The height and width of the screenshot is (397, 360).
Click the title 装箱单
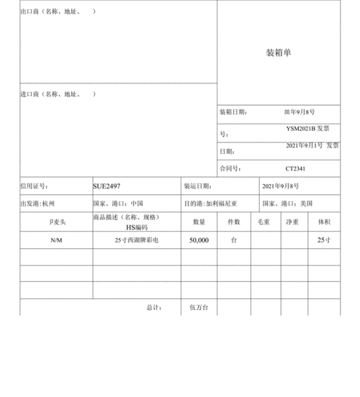[x=278, y=53]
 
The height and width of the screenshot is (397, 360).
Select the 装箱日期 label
[x=233, y=112]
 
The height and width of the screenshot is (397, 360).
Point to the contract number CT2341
[x=296, y=168]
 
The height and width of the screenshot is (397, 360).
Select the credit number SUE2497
[x=107, y=186]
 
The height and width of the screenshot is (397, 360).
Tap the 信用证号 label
[x=33, y=186]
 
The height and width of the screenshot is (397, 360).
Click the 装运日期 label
[x=198, y=186]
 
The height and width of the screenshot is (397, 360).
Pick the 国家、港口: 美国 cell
[x=287, y=204]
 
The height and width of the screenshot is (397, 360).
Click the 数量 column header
[x=199, y=222]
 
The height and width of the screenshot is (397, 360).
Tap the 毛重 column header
[x=264, y=222]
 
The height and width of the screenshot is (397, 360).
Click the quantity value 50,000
[x=199, y=240]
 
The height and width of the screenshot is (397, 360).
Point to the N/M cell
[x=56, y=240]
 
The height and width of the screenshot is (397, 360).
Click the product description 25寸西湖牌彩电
[x=136, y=240]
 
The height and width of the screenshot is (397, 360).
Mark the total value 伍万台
[x=199, y=307]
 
